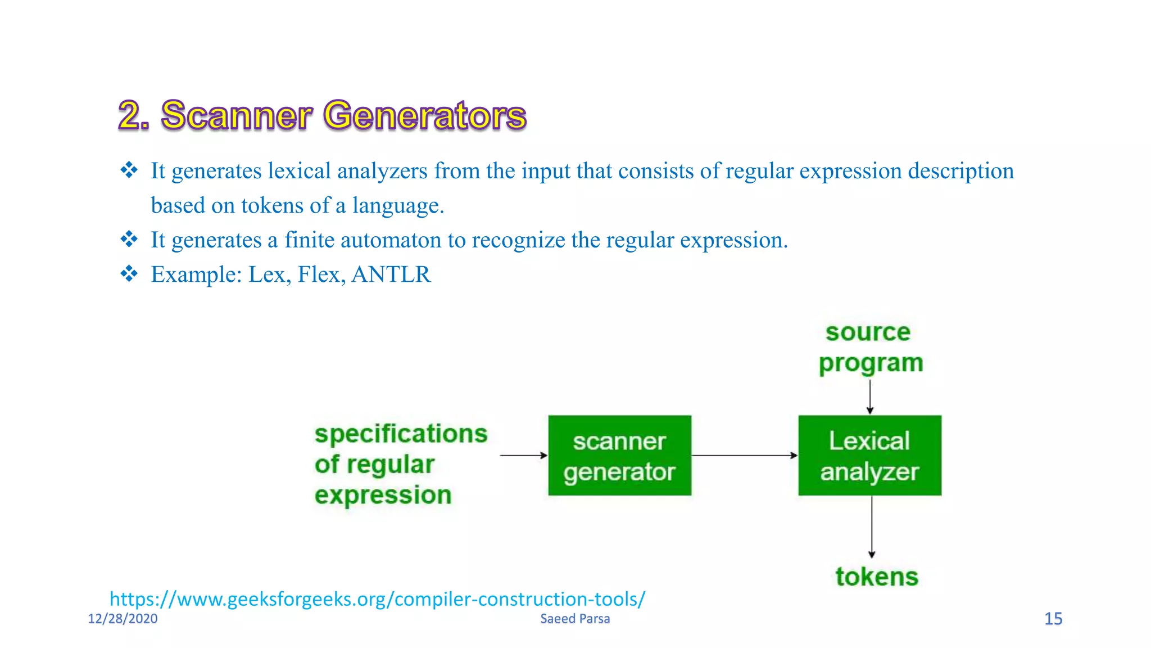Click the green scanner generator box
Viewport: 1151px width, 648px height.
[x=619, y=456]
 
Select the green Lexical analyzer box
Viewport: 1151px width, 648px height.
[x=869, y=456]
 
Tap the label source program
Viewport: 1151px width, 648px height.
[x=869, y=348]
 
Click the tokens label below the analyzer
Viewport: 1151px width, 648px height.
[x=876, y=577]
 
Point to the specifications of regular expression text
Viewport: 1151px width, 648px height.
[x=400, y=465]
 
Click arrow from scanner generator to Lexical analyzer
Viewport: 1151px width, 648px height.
[x=744, y=455]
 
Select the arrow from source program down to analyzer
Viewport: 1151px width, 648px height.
[x=870, y=397]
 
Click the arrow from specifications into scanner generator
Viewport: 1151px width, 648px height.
[x=523, y=455]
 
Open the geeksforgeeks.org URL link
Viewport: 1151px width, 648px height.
[x=377, y=599]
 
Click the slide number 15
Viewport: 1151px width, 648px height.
[x=1053, y=619]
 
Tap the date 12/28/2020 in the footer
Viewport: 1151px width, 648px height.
[x=123, y=619]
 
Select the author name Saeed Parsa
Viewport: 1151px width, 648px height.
[x=575, y=619]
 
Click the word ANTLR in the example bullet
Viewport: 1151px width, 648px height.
[x=391, y=274]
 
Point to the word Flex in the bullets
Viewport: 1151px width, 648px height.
[x=319, y=274]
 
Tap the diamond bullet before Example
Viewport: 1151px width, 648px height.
[x=129, y=274]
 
